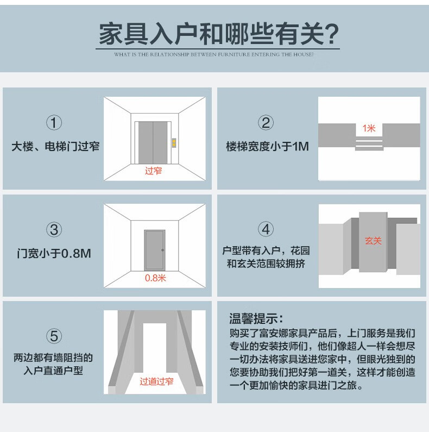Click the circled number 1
(x=54, y=123)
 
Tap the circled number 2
(x=266, y=123)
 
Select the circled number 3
(x=54, y=229)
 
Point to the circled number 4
(x=266, y=229)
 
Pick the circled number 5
(x=54, y=336)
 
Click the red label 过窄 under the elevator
(x=153, y=171)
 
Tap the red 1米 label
(x=369, y=128)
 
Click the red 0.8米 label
(x=155, y=278)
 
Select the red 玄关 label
(x=373, y=241)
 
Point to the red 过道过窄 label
(x=156, y=381)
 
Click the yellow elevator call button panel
(x=174, y=143)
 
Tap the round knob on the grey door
(x=163, y=250)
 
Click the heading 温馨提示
(x=256, y=319)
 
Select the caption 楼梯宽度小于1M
(x=267, y=146)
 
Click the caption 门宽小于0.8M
(x=54, y=253)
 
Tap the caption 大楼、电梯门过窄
(x=55, y=146)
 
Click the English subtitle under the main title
(x=214, y=54)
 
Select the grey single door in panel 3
(x=154, y=251)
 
